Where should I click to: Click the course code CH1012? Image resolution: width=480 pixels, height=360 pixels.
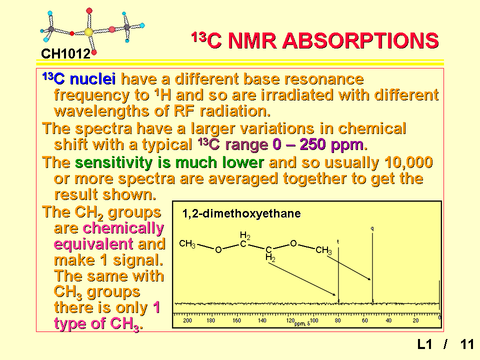tap(65, 54)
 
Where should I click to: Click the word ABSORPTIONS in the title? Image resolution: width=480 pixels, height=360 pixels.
tap(360, 40)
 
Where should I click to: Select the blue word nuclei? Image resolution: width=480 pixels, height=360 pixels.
tap(93, 79)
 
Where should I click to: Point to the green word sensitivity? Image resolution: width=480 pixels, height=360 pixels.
tap(113, 162)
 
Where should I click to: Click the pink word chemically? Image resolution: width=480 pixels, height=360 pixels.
tap(123, 228)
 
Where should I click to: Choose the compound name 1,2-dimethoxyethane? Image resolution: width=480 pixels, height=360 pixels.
tap(241, 213)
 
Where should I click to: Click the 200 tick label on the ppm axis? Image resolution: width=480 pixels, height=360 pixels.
tap(187, 320)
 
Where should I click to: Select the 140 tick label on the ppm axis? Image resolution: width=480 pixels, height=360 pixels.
tap(262, 320)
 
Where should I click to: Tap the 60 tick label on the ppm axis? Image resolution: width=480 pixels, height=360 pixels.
tap(365, 320)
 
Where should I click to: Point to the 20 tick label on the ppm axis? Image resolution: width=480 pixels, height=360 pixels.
tap(415, 320)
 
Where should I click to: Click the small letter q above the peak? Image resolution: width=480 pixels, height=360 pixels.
tap(372, 228)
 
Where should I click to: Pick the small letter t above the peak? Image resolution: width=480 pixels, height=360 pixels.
tap(338, 241)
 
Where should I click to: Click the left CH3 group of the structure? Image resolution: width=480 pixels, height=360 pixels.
tap(187, 244)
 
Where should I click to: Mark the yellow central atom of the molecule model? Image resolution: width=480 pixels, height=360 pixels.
tap(89, 32)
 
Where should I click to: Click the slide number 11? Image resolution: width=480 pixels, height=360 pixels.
tap(467, 344)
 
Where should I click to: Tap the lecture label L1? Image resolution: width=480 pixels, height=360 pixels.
tap(425, 344)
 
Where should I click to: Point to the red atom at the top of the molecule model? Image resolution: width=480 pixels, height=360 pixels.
tap(89, 10)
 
